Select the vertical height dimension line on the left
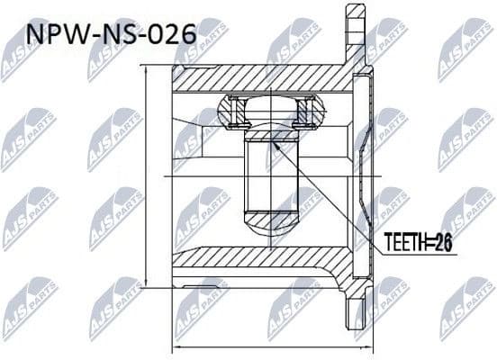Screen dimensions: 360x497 [x=147, y=180]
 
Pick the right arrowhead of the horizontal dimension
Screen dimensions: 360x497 [x=366, y=347]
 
